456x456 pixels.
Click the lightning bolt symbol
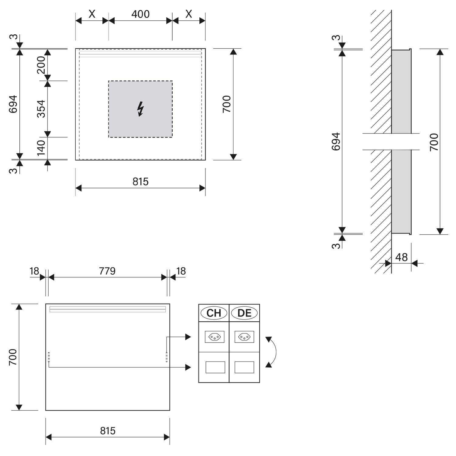140,109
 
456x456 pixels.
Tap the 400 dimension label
140,14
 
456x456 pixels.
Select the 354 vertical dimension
41,109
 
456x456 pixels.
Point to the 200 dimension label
41,65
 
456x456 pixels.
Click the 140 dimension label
41,147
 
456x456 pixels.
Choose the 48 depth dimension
401,257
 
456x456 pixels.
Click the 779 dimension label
107,271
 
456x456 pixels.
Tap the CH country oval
214,313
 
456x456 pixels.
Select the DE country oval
244,313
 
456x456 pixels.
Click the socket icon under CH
215,337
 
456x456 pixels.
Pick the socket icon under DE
244,337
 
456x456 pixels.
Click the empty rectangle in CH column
215,367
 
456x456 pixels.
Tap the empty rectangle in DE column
244,367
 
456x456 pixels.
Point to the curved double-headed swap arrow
275,352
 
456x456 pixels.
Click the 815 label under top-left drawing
140,181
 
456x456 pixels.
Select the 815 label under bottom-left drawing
108,431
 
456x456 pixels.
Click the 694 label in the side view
336,141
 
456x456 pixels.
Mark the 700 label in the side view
434,142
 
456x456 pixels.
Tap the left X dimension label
92,14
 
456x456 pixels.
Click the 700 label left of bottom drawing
13,357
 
